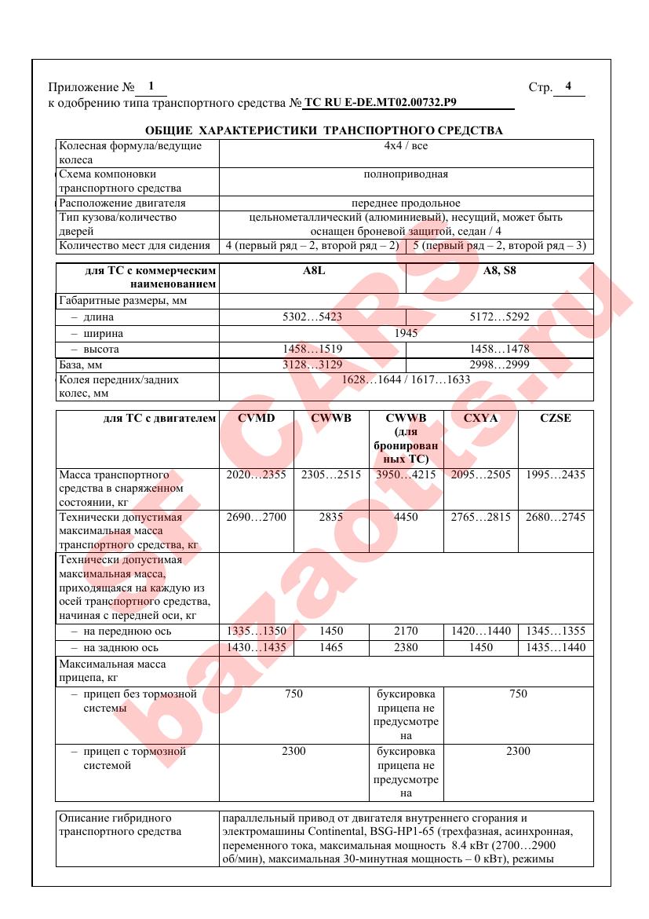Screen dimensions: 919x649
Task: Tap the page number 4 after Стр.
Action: coord(568,86)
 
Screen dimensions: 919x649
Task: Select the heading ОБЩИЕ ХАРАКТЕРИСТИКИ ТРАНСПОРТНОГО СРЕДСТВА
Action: coord(324,130)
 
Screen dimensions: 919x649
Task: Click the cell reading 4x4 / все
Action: coord(406,146)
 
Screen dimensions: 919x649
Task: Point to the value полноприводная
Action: coord(406,174)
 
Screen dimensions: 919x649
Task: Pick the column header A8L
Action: coord(312,271)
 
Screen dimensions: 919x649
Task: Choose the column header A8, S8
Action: coord(499,271)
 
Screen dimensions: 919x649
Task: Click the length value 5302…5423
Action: coord(312,317)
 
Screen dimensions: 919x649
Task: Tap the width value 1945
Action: coord(406,333)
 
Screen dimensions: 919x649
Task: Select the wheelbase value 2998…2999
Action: coord(499,364)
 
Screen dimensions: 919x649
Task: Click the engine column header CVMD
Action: coord(256,418)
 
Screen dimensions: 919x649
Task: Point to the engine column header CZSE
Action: coord(556,418)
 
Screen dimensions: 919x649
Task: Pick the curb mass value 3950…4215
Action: coord(406,474)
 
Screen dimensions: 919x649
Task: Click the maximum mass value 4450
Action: coord(406,517)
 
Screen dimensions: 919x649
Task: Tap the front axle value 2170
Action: coord(406,631)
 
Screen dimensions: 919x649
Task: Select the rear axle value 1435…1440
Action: coord(556,647)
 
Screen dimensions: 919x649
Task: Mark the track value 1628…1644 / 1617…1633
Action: coord(406,379)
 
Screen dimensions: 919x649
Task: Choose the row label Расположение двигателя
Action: coord(122,203)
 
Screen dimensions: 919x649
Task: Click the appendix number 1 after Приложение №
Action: coord(151,86)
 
